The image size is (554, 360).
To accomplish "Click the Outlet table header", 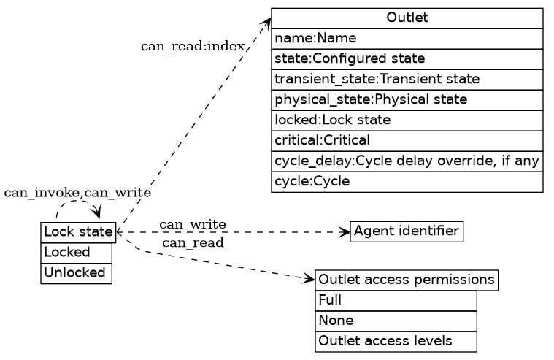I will pyautogui.click(x=407, y=18).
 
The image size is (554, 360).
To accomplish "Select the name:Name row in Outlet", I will pyautogui.click(x=407, y=38).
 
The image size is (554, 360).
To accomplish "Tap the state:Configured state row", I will pyautogui.click(x=407, y=58).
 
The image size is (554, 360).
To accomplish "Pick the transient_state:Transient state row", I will pyautogui.click(x=407, y=79).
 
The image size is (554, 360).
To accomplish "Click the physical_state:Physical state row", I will pyautogui.click(x=407, y=99).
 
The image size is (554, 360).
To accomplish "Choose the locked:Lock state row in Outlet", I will pyautogui.click(x=407, y=120).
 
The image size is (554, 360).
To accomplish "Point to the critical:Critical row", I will pyautogui.click(x=407, y=140).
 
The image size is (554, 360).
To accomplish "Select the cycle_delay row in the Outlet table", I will pyautogui.click(x=407, y=161).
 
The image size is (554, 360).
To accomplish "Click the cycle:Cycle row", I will pyautogui.click(x=407, y=181).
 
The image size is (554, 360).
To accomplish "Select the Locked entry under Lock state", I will pyautogui.click(x=76, y=253).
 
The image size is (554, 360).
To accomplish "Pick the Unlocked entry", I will pyautogui.click(x=76, y=273).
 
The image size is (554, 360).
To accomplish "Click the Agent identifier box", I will pyautogui.click(x=407, y=232).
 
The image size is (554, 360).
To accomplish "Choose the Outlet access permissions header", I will pyautogui.click(x=407, y=280).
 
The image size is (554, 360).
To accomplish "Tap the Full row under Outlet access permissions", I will pyautogui.click(x=396, y=300).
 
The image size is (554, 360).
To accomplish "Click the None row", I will pyautogui.click(x=396, y=321).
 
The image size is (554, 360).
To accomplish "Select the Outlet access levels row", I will pyautogui.click(x=396, y=341).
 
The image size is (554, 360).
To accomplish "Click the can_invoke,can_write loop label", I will pyautogui.click(x=77, y=193).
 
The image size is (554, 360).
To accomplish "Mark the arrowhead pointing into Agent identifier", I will pyautogui.click(x=346, y=232).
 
